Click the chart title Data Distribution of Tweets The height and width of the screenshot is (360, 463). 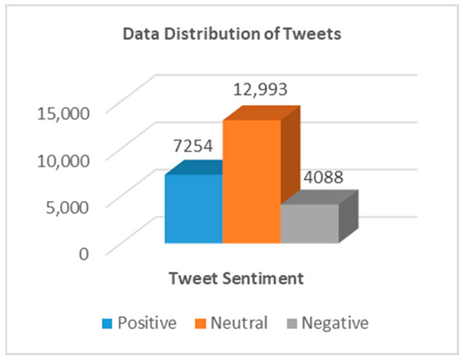tap(231, 35)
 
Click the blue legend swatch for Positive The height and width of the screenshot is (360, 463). tap(106, 322)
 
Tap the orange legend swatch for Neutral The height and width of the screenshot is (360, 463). tap(201, 322)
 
